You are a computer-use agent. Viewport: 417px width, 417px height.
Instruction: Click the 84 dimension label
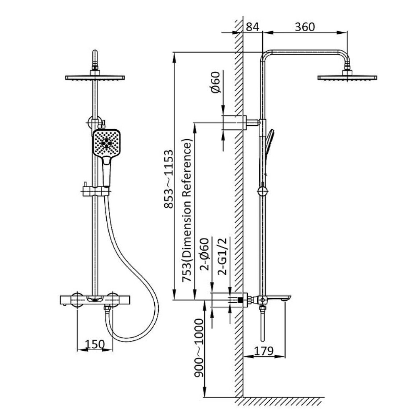click(252, 27)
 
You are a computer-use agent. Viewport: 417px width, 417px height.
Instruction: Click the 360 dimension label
click(305, 27)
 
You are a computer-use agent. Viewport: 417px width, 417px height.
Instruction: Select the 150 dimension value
click(95, 344)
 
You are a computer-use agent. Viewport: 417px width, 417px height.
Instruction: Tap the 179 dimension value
click(264, 351)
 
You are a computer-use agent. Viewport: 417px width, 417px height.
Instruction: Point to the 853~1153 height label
click(168, 179)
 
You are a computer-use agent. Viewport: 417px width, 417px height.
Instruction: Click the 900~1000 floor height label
click(198, 348)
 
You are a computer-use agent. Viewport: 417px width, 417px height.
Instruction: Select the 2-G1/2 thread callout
click(222, 256)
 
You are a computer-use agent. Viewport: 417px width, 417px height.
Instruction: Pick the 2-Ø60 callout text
click(205, 254)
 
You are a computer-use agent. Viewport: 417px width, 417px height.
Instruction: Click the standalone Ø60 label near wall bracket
click(216, 82)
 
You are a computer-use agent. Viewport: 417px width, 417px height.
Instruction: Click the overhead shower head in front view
click(95, 78)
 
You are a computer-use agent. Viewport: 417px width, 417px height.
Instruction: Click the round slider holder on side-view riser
click(262, 191)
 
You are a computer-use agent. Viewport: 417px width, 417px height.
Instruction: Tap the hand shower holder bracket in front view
click(95, 191)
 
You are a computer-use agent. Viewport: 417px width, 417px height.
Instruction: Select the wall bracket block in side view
click(234, 123)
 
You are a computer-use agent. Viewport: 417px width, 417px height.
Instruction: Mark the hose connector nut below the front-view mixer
click(107, 309)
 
